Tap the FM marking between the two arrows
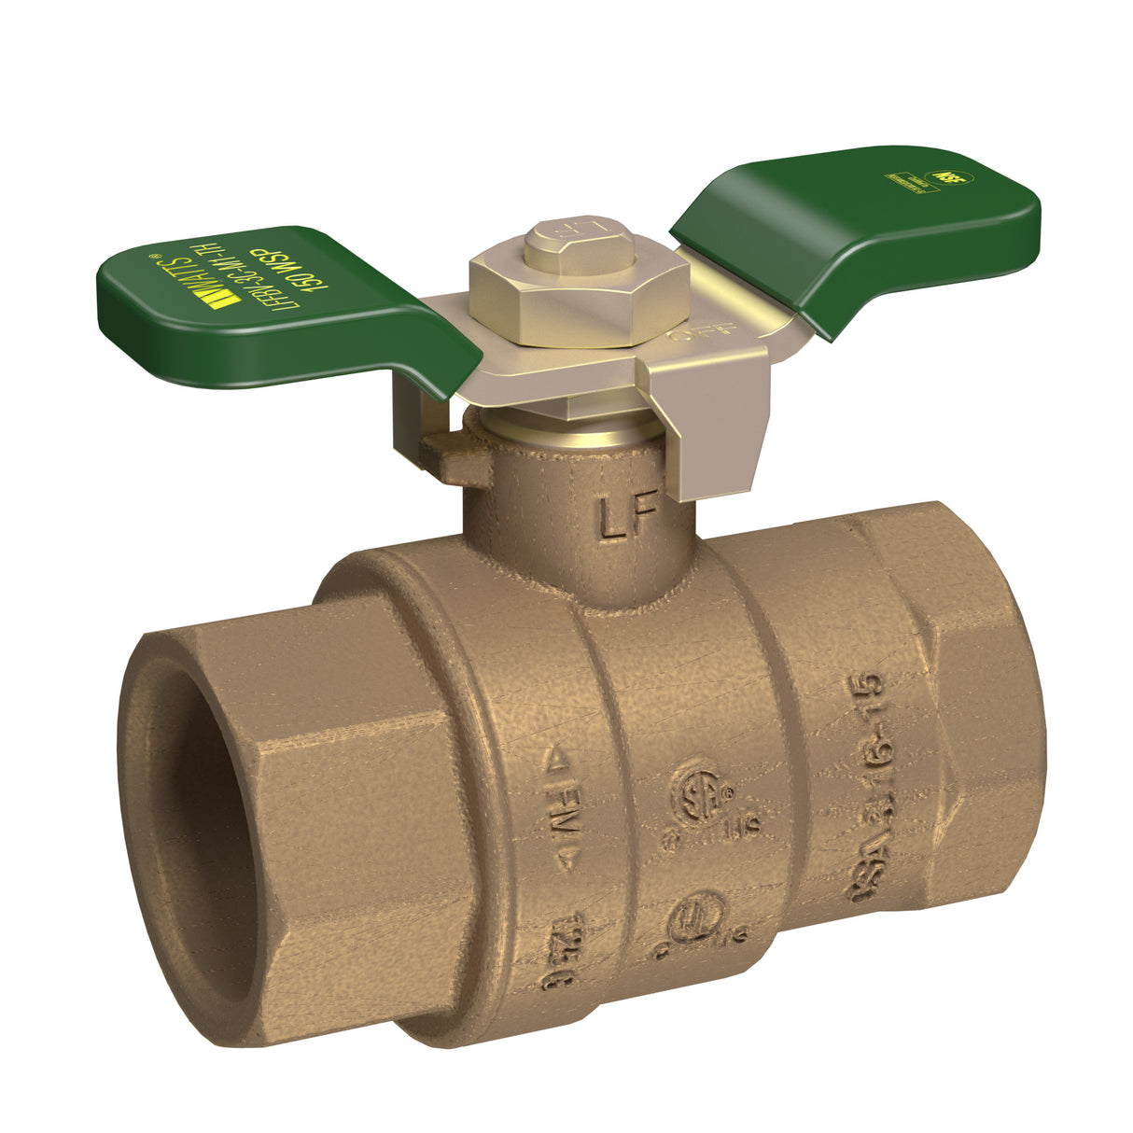click(x=561, y=801)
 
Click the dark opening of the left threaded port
click(x=191, y=831)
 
